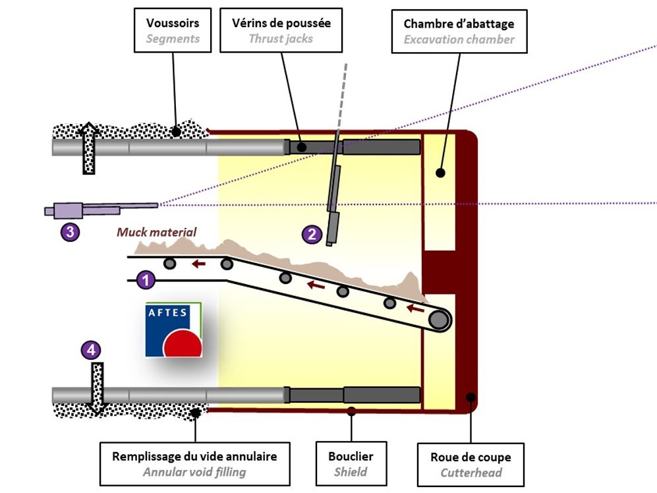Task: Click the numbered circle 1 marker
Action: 146,281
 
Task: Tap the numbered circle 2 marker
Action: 312,233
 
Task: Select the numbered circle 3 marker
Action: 70,231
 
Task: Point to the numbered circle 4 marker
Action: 91,349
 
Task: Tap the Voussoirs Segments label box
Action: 172,31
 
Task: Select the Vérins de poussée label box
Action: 281,30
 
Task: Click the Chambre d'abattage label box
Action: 459,31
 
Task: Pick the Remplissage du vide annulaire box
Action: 194,463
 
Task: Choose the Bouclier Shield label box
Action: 351,463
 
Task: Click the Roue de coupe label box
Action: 471,464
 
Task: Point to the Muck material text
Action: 157,232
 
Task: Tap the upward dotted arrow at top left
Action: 89,148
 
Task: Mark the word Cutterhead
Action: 471,473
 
